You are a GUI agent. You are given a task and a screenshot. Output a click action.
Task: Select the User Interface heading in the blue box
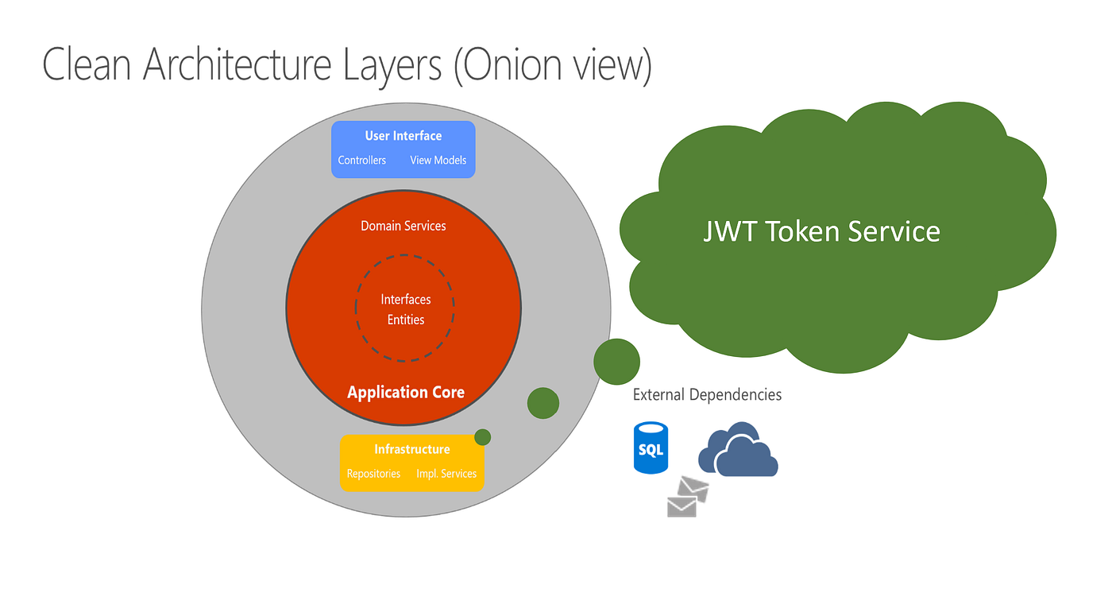pyautogui.click(x=403, y=136)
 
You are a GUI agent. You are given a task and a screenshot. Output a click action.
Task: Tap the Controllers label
pyautogui.click(x=361, y=161)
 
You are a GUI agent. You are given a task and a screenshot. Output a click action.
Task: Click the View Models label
pyautogui.click(x=438, y=161)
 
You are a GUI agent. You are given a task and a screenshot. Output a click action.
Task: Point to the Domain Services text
pyautogui.click(x=403, y=227)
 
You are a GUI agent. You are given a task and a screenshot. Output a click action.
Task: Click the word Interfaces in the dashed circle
pyautogui.click(x=405, y=300)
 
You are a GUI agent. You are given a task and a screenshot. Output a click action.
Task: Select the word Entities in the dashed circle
pyautogui.click(x=405, y=320)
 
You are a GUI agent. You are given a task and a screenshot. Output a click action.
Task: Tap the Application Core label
pyautogui.click(x=405, y=392)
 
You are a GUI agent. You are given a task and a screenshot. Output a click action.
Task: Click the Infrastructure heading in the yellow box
pyautogui.click(x=411, y=450)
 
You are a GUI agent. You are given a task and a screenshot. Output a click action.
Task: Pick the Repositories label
pyautogui.click(x=373, y=474)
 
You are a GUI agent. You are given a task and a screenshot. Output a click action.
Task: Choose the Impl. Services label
pyautogui.click(x=446, y=474)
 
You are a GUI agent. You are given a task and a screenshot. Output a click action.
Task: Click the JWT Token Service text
pyautogui.click(x=821, y=231)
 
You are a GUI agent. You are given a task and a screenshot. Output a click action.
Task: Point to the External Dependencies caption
pyautogui.click(x=707, y=395)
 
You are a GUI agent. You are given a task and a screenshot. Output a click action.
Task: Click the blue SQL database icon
pyautogui.click(x=651, y=448)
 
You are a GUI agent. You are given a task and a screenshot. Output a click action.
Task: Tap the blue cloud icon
pyautogui.click(x=738, y=451)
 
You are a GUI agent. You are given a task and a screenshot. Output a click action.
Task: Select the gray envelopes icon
pyautogui.click(x=687, y=498)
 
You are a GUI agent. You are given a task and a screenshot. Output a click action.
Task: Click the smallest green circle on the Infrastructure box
pyautogui.click(x=482, y=437)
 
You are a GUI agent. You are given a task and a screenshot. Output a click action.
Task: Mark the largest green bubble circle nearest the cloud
pyautogui.click(x=616, y=362)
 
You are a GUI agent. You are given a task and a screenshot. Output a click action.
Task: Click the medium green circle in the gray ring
pyautogui.click(x=543, y=403)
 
